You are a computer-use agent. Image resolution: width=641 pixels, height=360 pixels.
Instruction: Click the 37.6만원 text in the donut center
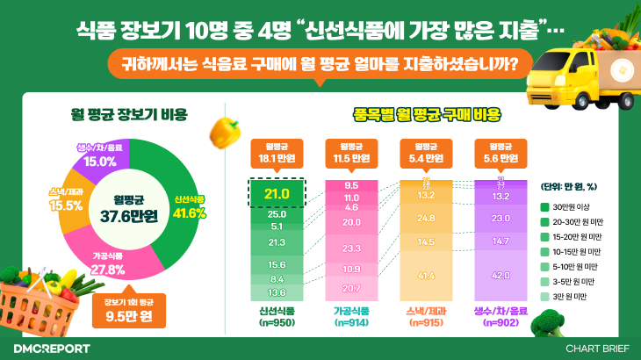[122, 216]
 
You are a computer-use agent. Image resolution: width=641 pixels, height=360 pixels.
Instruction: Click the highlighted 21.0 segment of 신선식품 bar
[277, 193]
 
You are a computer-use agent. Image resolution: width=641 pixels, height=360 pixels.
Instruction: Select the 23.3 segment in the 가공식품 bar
[351, 248]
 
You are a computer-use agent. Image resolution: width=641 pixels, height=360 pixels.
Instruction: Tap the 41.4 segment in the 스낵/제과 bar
[427, 276]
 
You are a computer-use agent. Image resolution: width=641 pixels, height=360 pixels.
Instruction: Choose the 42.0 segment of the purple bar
[501, 275]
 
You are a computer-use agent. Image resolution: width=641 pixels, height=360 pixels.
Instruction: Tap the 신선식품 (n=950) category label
[277, 317]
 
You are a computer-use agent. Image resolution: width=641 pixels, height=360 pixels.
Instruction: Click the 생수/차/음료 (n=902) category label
[501, 317]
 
